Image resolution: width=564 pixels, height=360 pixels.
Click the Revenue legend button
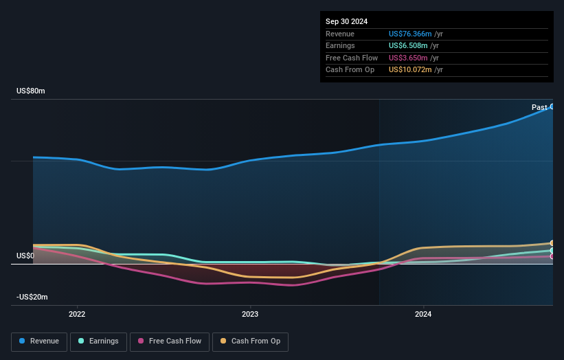40,341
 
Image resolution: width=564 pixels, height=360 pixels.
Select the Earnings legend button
98,341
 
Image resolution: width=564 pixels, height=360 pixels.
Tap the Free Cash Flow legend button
170,341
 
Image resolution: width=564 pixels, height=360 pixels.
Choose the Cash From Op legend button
250,341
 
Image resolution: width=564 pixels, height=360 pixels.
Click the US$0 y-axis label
25,256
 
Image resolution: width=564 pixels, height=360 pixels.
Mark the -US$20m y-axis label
32,297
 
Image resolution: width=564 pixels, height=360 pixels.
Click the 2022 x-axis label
77,315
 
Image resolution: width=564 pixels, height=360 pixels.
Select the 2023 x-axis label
250,315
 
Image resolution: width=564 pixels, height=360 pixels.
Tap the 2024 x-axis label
424,315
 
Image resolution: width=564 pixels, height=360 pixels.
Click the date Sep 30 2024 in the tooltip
346,21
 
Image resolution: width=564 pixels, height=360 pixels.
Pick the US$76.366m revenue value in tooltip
411,34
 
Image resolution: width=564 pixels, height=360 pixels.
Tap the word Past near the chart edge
539,107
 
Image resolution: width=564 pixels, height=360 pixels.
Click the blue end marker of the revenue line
552,106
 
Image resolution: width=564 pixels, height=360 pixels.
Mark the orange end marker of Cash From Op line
552,243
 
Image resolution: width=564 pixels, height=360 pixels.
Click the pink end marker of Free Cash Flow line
552,256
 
